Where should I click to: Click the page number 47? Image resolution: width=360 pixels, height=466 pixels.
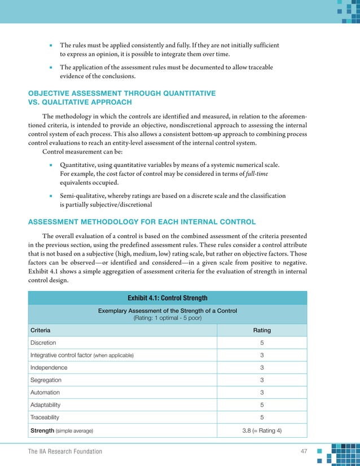(304, 451)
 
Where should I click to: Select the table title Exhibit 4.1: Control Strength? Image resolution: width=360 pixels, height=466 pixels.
(168, 298)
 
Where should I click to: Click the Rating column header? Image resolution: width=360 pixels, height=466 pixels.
(261, 330)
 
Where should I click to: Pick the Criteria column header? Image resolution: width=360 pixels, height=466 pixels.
(41, 330)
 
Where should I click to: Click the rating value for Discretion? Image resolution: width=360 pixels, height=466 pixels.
(262, 343)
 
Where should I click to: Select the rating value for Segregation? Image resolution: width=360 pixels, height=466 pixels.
(262, 380)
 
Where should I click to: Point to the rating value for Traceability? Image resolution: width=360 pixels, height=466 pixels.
(262, 417)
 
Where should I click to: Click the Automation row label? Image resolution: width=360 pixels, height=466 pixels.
(45, 393)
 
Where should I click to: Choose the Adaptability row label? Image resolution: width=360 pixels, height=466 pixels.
(46, 405)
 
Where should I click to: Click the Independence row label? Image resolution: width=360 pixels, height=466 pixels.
(49, 368)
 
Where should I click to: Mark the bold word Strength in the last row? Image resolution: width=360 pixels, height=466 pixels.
(42, 430)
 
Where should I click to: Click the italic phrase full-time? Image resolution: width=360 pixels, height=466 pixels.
(258, 174)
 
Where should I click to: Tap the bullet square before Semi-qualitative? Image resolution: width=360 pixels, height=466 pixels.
(51, 196)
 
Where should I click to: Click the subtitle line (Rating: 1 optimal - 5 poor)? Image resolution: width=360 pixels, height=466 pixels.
(168, 318)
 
